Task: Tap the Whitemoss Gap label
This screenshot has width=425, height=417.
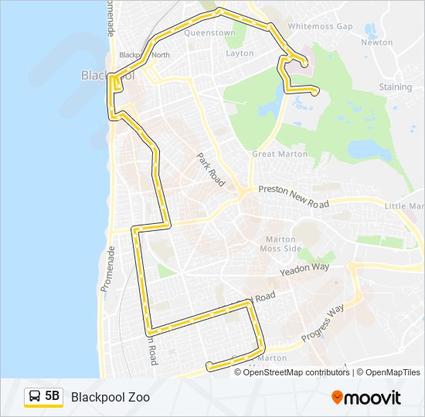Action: coord(320,26)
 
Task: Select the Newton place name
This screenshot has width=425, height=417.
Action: coord(377,42)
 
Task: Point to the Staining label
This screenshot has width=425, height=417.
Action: coord(395,87)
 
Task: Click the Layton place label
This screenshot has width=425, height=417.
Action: coord(240,53)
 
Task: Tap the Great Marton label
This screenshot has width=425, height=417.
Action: coord(280,154)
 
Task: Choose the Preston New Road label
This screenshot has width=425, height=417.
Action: coord(294,196)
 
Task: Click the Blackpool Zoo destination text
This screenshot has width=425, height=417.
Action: coord(110,398)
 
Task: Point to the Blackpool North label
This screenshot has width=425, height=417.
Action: coord(144,55)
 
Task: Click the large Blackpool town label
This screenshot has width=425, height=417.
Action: coord(107,76)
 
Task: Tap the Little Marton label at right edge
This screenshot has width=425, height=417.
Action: coord(404,206)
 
